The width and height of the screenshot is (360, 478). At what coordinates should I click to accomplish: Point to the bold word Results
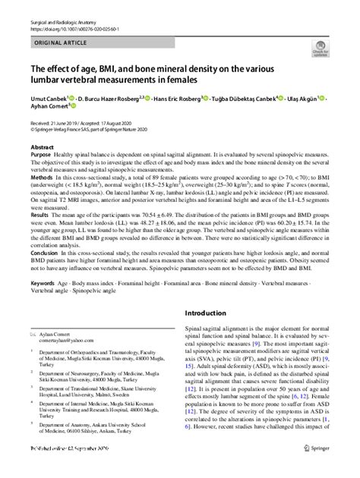coord(39,215)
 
